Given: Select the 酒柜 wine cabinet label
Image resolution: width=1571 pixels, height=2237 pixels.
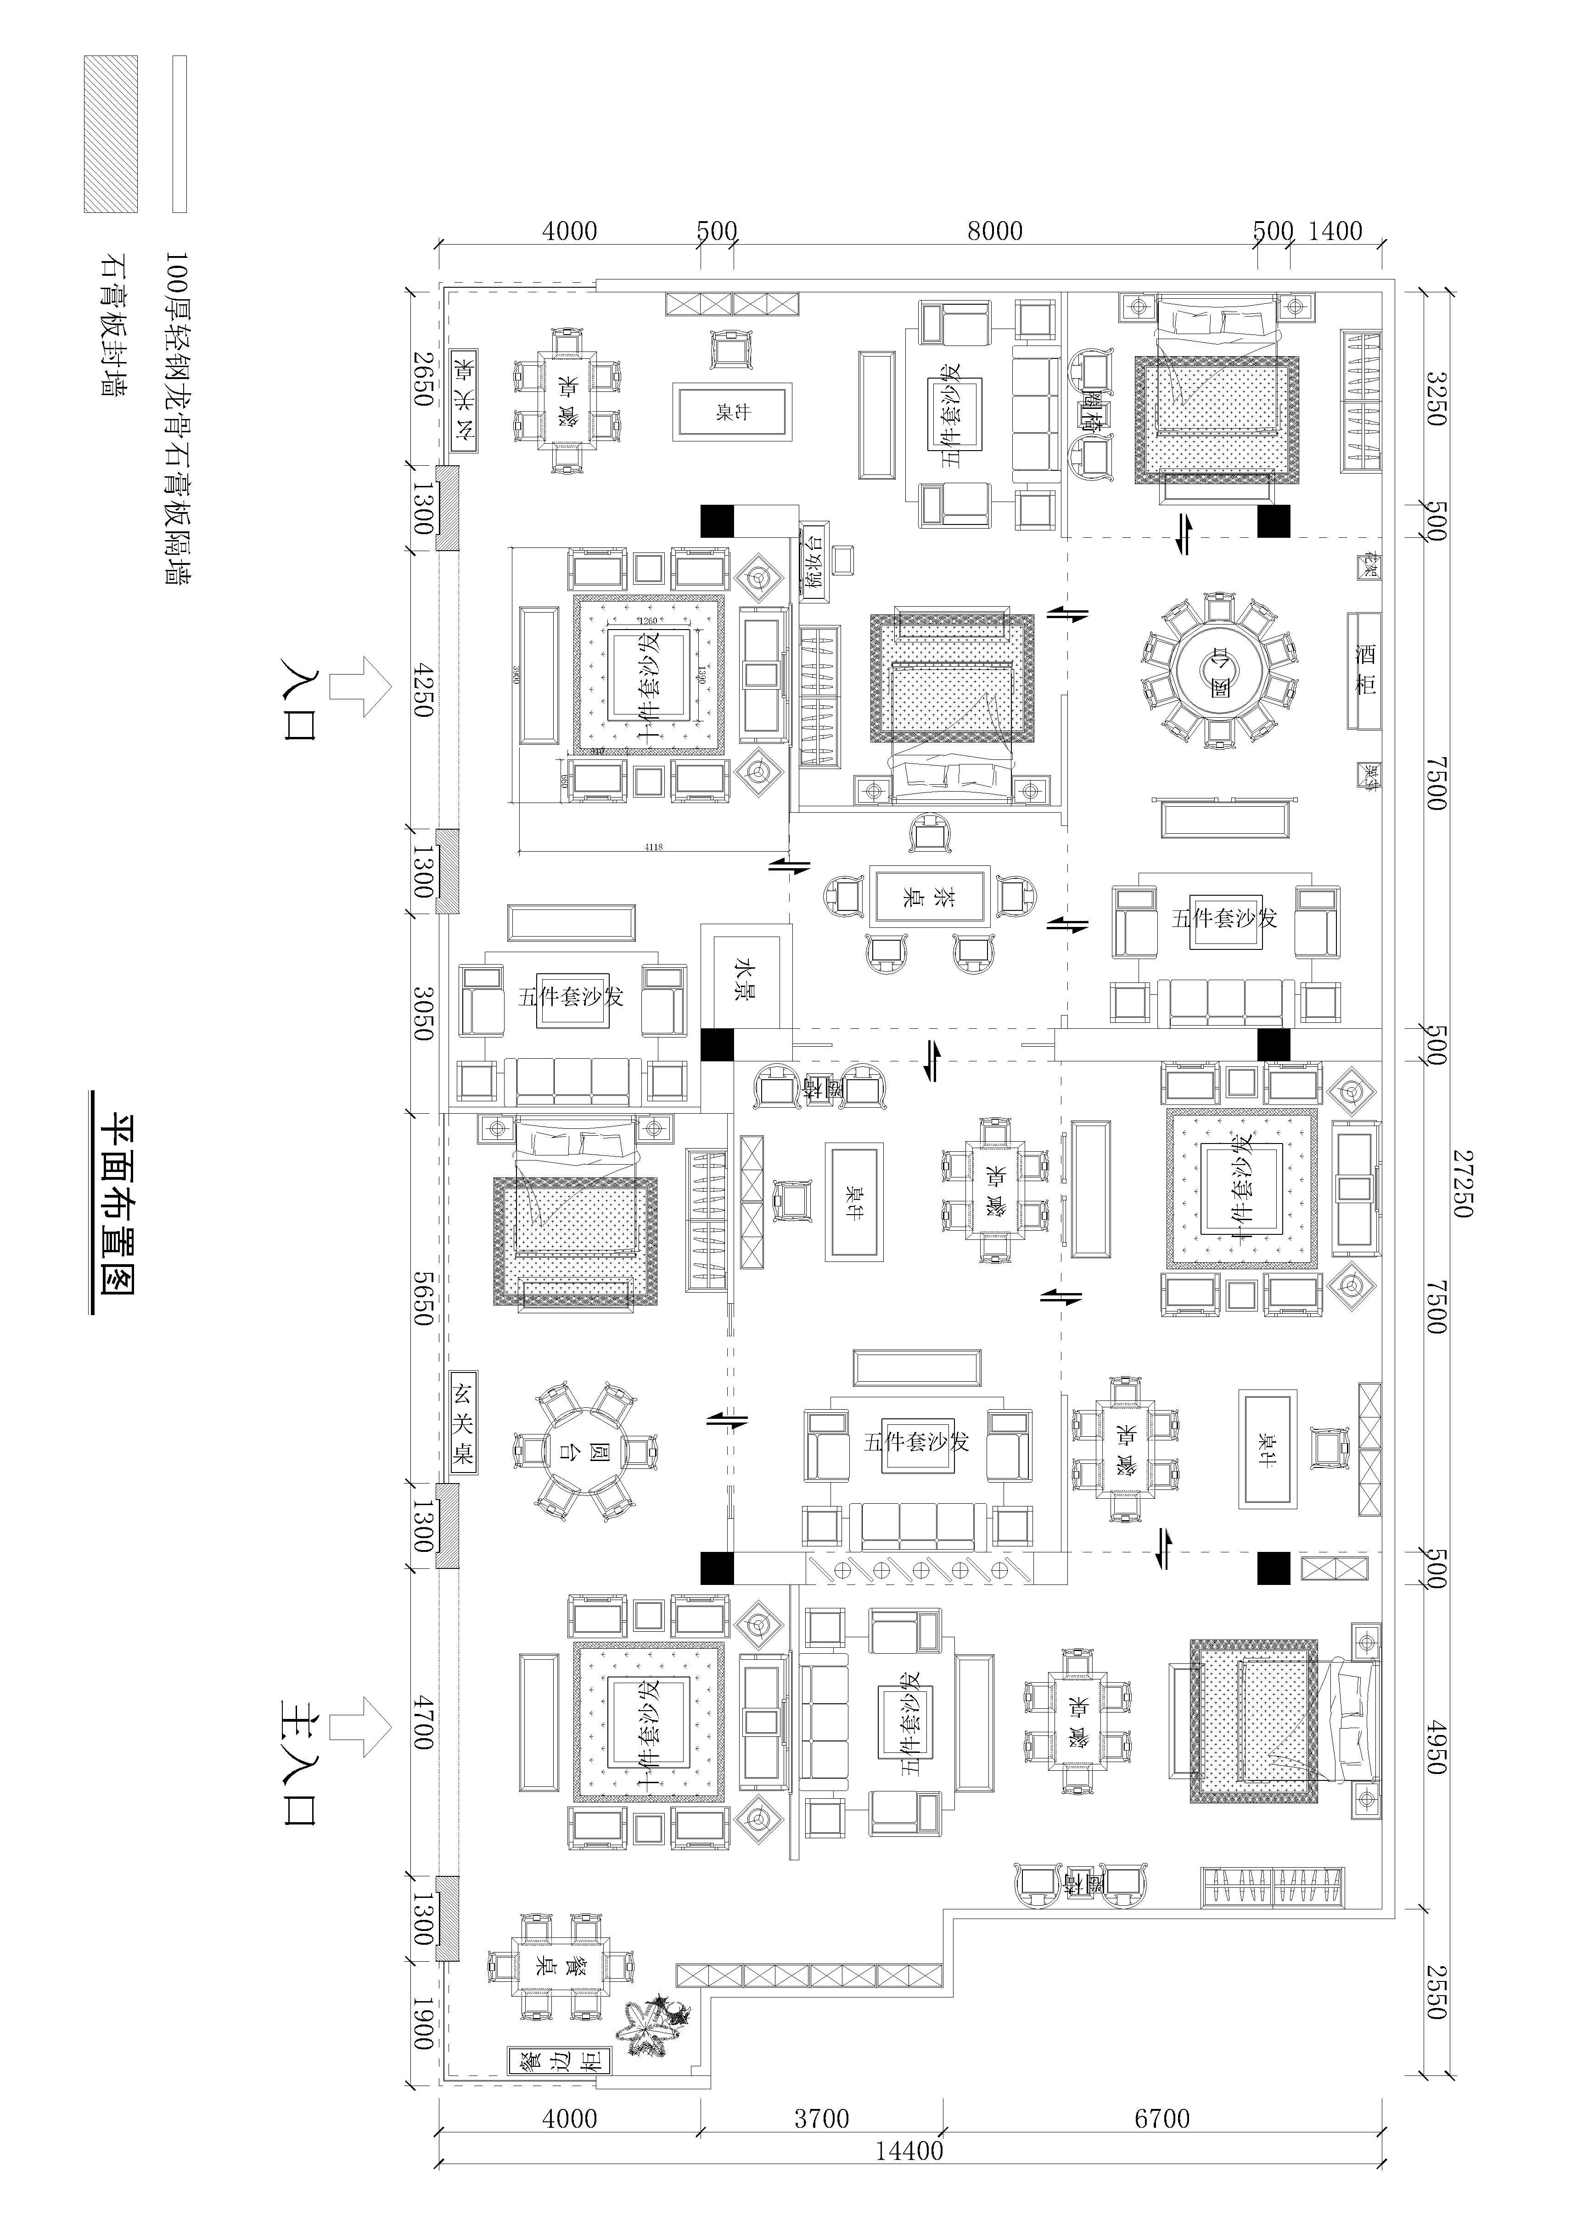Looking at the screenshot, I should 1365,669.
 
